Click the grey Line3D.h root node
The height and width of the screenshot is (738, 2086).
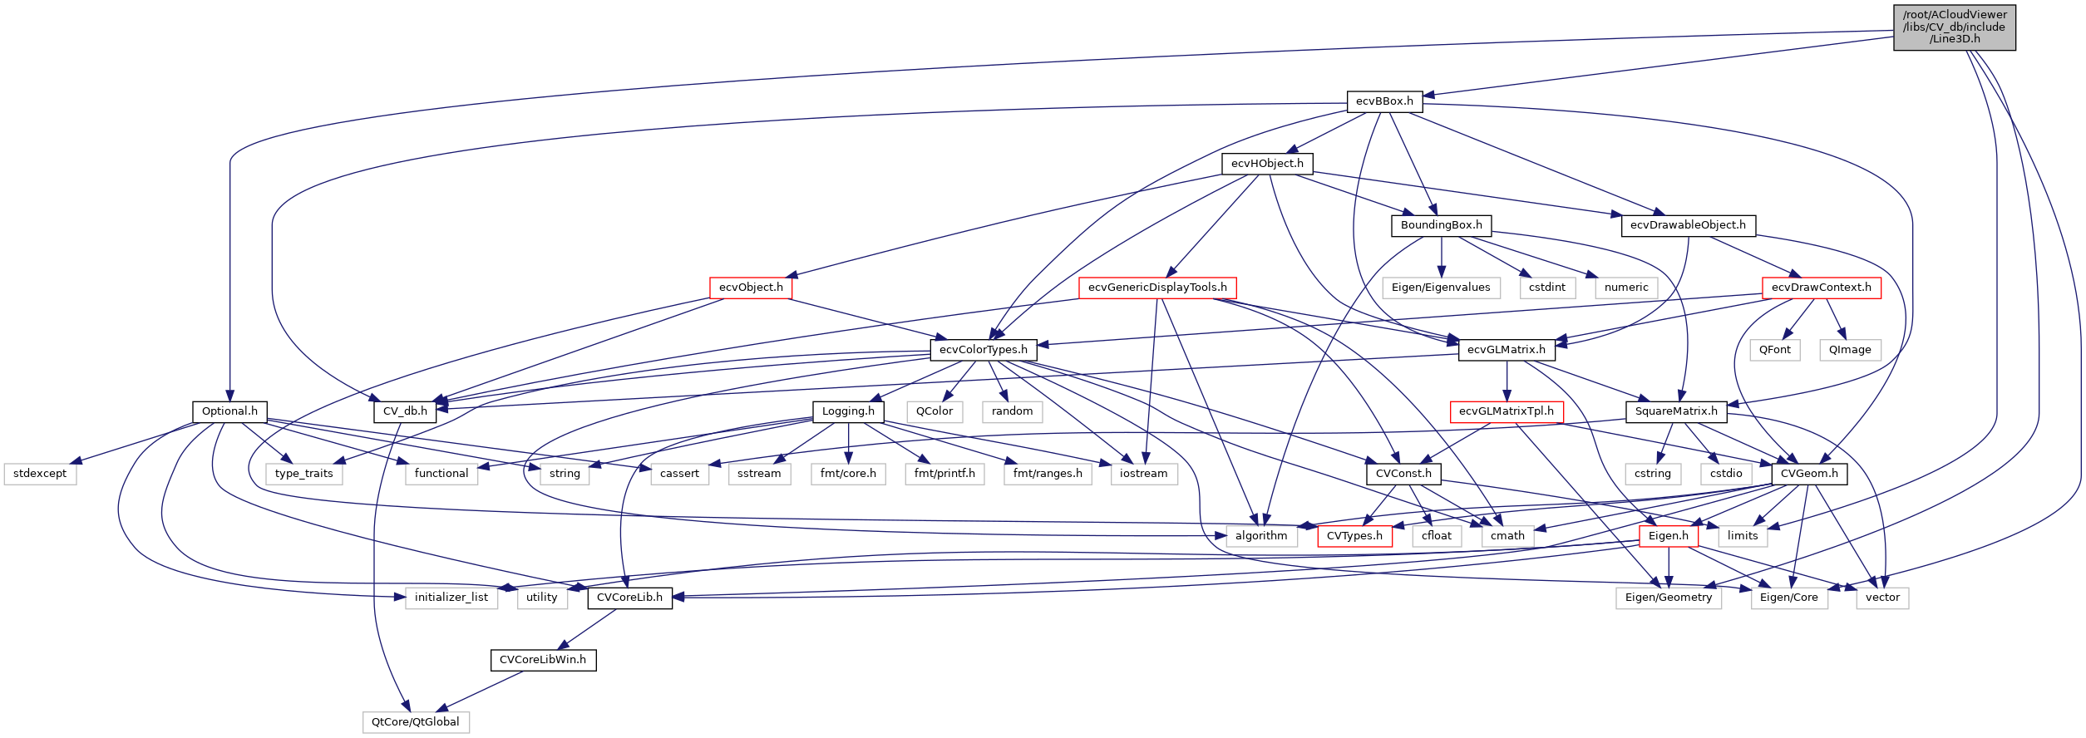(x=1954, y=27)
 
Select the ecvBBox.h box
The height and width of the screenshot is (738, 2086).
(x=1384, y=101)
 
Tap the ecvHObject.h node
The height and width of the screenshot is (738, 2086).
(x=1267, y=164)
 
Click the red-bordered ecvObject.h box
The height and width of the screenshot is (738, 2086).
(x=751, y=288)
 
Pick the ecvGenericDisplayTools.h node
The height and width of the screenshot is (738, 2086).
(x=1157, y=288)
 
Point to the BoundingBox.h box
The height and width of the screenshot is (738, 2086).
(x=1441, y=225)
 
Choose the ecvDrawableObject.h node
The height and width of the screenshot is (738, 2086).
(x=1688, y=225)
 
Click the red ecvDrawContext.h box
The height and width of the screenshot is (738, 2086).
(x=1821, y=288)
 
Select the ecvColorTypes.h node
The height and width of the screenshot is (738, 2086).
(x=983, y=350)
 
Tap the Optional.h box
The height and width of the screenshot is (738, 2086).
(x=229, y=411)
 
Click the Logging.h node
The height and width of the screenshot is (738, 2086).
(x=848, y=411)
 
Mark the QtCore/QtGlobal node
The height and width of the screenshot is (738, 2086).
(x=416, y=722)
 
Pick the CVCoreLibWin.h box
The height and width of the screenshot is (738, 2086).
(x=543, y=660)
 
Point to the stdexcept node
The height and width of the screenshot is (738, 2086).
(x=40, y=474)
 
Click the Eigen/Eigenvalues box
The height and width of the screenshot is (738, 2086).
(x=1441, y=288)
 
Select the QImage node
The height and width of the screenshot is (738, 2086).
(x=1850, y=350)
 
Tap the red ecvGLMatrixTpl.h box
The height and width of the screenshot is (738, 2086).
(x=1507, y=411)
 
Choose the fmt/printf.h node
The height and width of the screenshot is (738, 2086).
(x=944, y=474)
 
